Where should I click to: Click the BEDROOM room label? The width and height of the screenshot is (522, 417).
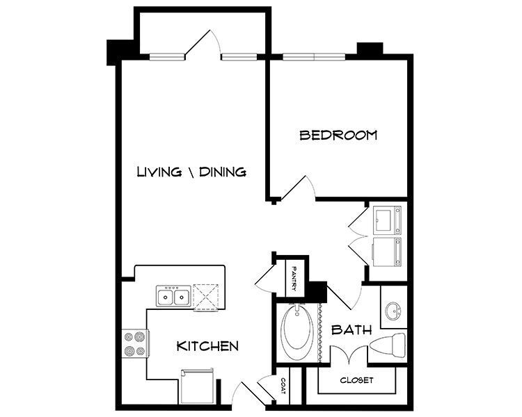[338, 135]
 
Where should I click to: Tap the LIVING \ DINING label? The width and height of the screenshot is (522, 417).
[191, 171]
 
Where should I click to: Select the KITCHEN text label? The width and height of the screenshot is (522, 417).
[208, 345]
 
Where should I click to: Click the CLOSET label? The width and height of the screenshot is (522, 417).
[357, 380]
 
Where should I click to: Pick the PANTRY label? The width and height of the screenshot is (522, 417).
[296, 277]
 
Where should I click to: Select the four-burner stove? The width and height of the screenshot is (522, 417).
[134, 343]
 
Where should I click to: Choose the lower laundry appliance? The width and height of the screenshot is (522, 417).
[386, 252]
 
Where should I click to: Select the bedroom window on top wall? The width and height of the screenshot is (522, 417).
[315, 57]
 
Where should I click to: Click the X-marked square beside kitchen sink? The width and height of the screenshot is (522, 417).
[207, 297]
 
